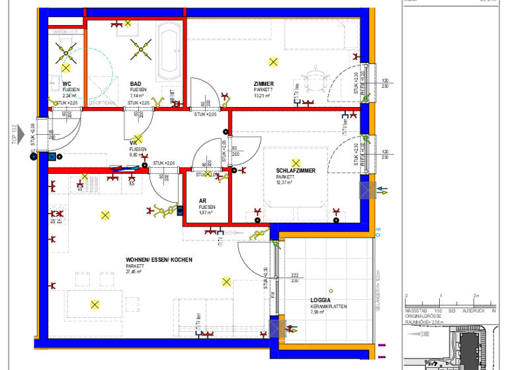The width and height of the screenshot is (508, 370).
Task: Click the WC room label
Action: (x=67, y=84)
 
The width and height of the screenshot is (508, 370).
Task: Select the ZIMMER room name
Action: (x=263, y=84)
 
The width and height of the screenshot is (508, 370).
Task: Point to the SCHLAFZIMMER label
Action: (x=296, y=170)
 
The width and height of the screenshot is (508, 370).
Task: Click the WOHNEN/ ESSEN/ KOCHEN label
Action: (x=159, y=260)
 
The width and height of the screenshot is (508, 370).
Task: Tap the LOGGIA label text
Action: (x=321, y=300)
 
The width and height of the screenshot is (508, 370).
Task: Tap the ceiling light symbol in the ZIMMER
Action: (x=273, y=61)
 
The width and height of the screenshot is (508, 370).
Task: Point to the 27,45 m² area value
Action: (x=134, y=272)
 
